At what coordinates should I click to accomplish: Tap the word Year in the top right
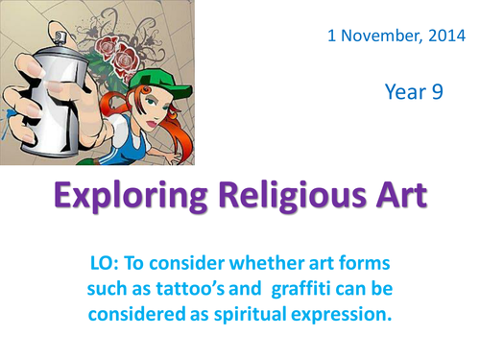pyautogui.click(x=405, y=92)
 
